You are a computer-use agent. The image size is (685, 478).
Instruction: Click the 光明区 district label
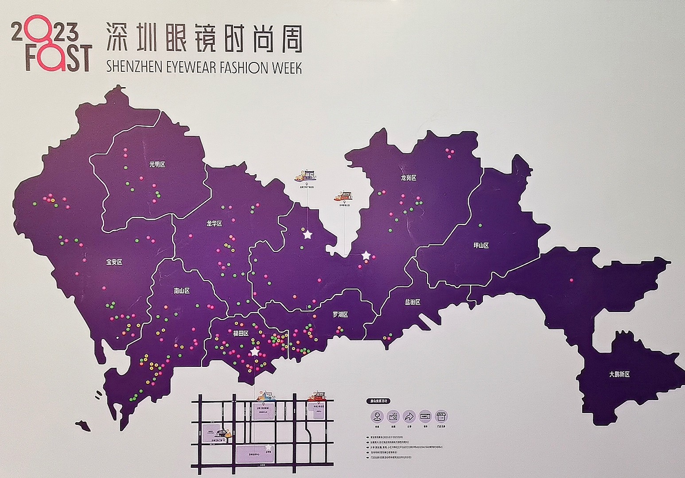pyautogui.click(x=157, y=165)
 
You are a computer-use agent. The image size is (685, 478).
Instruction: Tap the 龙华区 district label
pyautogui.click(x=214, y=224)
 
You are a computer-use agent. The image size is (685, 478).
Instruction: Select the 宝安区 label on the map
pyautogui.click(x=114, y=262)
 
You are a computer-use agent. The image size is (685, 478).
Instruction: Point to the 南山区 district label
pyautogui.click(x=182, y=291)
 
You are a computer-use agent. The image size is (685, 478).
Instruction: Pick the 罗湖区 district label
pyautogui.click(x=340, y=315)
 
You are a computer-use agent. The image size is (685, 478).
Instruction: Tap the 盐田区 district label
pyautogui.click(x=412, y=302)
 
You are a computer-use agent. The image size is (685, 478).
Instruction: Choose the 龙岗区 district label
pyautogui.click(x=409, y=178)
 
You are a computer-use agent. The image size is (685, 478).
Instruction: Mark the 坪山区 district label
pyautogui.click(x=480, y=245)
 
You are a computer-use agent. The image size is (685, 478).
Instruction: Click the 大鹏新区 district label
pyautogui.click(x=619, y=374)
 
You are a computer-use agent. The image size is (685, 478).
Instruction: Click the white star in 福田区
pyautogui.click(x=254, y=352)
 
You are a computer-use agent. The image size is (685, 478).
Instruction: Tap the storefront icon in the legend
pyautogui.click(x=441, y=416)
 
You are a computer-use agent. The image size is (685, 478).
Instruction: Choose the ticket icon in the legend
pyautogui.click(x=425, y=416)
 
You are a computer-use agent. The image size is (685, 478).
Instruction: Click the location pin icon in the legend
pyautogui.click(x=378, y=416)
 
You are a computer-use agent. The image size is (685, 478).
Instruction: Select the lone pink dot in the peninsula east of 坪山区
pyautogui.click(x=571, y=280)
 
